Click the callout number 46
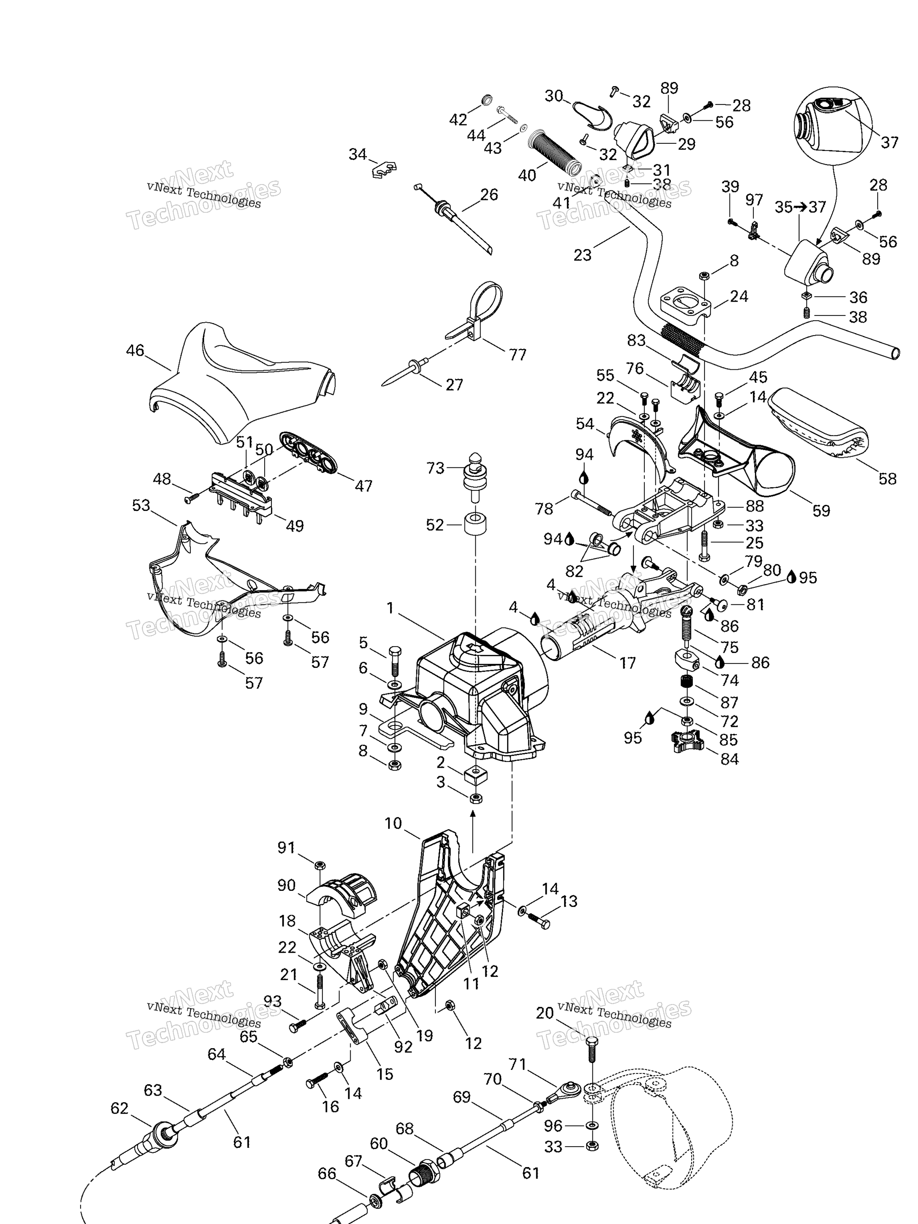pyautogui.click(x=135, y=350)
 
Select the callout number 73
pyautogui.click(x=435, y=468)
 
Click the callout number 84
pyautogui.click(x=729, y=759)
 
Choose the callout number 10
pyautogui.click(x=393, y=824)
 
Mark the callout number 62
pyautogui.click(x=119, y=1108)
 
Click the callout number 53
pyautogui.click(x=141, y=505)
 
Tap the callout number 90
pyautogui.click(x=286, y=885)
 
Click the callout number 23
pyautogui.click(x=582, y=255)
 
